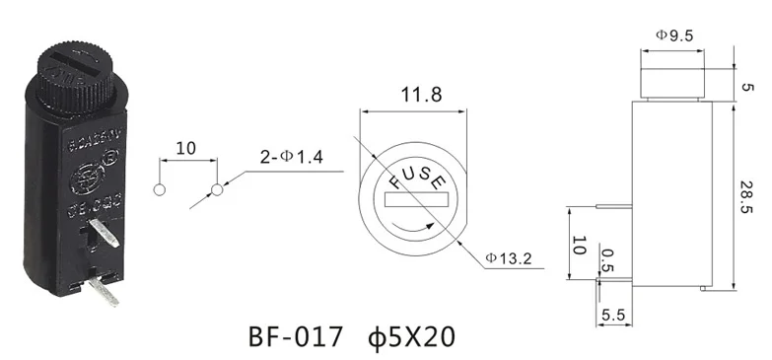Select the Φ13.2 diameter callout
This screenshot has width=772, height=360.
[509, 259]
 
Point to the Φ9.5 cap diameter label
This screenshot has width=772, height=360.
[675, 36]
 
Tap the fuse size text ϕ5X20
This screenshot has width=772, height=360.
[409, 337]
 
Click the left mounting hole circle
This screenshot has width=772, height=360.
[159, 189]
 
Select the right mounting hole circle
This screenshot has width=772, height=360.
[216, 189]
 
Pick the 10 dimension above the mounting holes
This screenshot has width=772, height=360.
[184, 149]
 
